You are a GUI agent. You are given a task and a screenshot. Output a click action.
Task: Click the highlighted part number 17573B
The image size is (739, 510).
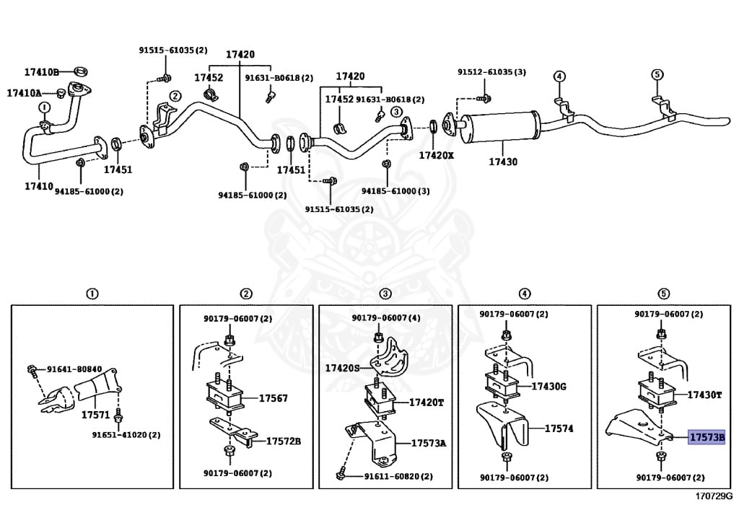(x=707, y=437)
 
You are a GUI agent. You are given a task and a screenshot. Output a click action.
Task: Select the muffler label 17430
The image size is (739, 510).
(x=502, y=162)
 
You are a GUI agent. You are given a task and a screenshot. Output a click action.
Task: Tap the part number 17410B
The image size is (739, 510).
(x=41, y=71)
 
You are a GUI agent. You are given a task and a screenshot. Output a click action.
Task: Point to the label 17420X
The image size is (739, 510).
(x=437, y=154)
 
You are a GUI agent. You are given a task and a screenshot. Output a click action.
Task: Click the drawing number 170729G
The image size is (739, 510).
(x=714, y=497)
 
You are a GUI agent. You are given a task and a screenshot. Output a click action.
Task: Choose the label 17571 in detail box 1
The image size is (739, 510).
(x=95, y=416)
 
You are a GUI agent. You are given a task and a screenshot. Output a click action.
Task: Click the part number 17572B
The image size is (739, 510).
(x=284, y=441)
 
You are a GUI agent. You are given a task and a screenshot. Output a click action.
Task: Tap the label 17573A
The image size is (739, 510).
(x=429, y=443)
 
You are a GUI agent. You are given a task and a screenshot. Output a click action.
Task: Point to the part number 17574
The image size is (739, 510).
(x=559, y=428)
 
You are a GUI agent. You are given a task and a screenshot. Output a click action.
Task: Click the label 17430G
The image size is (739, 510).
(x=549, y=387)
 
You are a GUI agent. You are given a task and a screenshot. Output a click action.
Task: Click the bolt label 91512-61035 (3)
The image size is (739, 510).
(x=491, y=72)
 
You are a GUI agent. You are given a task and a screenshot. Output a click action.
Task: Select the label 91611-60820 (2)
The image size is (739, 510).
(x=398, y=476)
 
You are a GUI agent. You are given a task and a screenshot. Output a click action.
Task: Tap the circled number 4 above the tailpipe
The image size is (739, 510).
(x=559, y=76)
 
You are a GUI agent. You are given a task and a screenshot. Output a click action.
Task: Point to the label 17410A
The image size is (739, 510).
(x=25, y=93)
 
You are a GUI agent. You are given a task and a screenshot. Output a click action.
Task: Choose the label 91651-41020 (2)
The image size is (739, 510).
(x=126, y=435)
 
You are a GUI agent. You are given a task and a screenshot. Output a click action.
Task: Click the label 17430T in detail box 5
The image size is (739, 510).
(x=704, y=395)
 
